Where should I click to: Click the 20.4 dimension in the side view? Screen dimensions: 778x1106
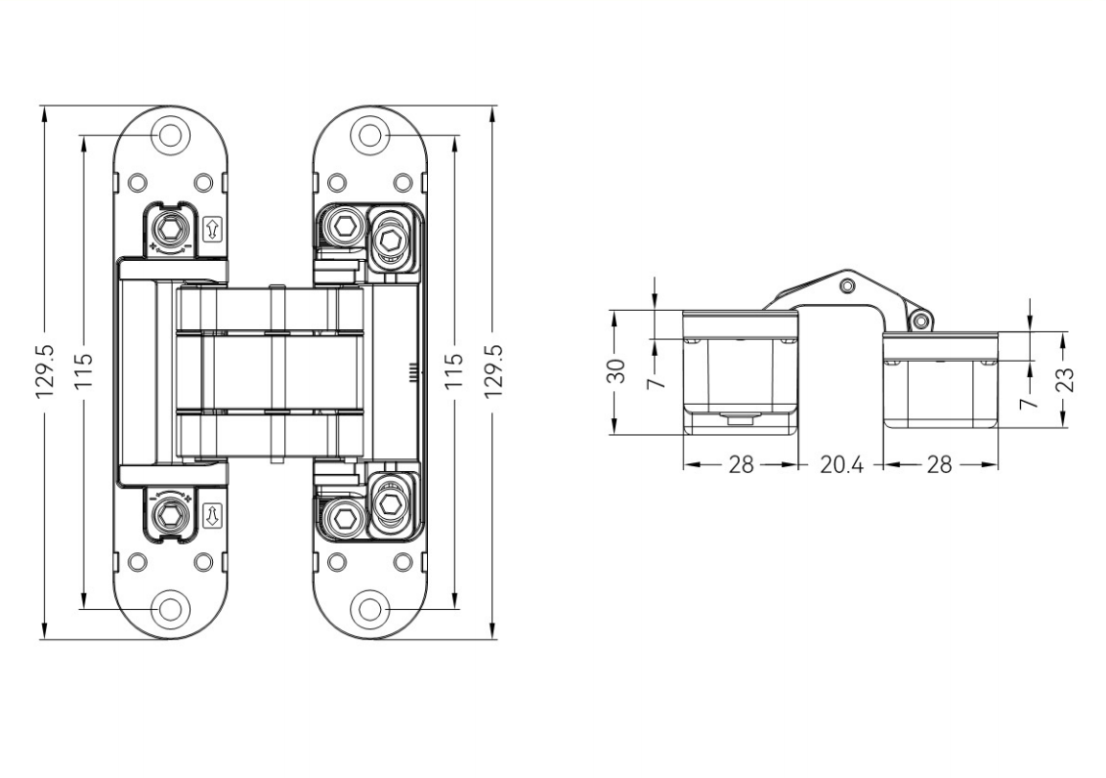(842, 465)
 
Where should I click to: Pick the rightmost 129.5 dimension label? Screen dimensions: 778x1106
(492, 371)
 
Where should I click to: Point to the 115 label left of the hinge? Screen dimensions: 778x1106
(84, 371)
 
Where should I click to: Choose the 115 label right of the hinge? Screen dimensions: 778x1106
(455, 371)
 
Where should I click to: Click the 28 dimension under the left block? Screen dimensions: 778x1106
(742, 465)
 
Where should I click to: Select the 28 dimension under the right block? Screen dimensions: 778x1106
(939, 465)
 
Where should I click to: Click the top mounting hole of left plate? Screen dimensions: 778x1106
(172, 135)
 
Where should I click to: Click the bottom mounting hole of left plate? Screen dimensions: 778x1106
(172, 609)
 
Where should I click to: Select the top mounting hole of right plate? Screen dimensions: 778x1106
(369, 135)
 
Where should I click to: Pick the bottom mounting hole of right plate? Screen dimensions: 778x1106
(369, 609)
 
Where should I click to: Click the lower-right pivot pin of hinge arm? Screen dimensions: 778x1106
(917, 320)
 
